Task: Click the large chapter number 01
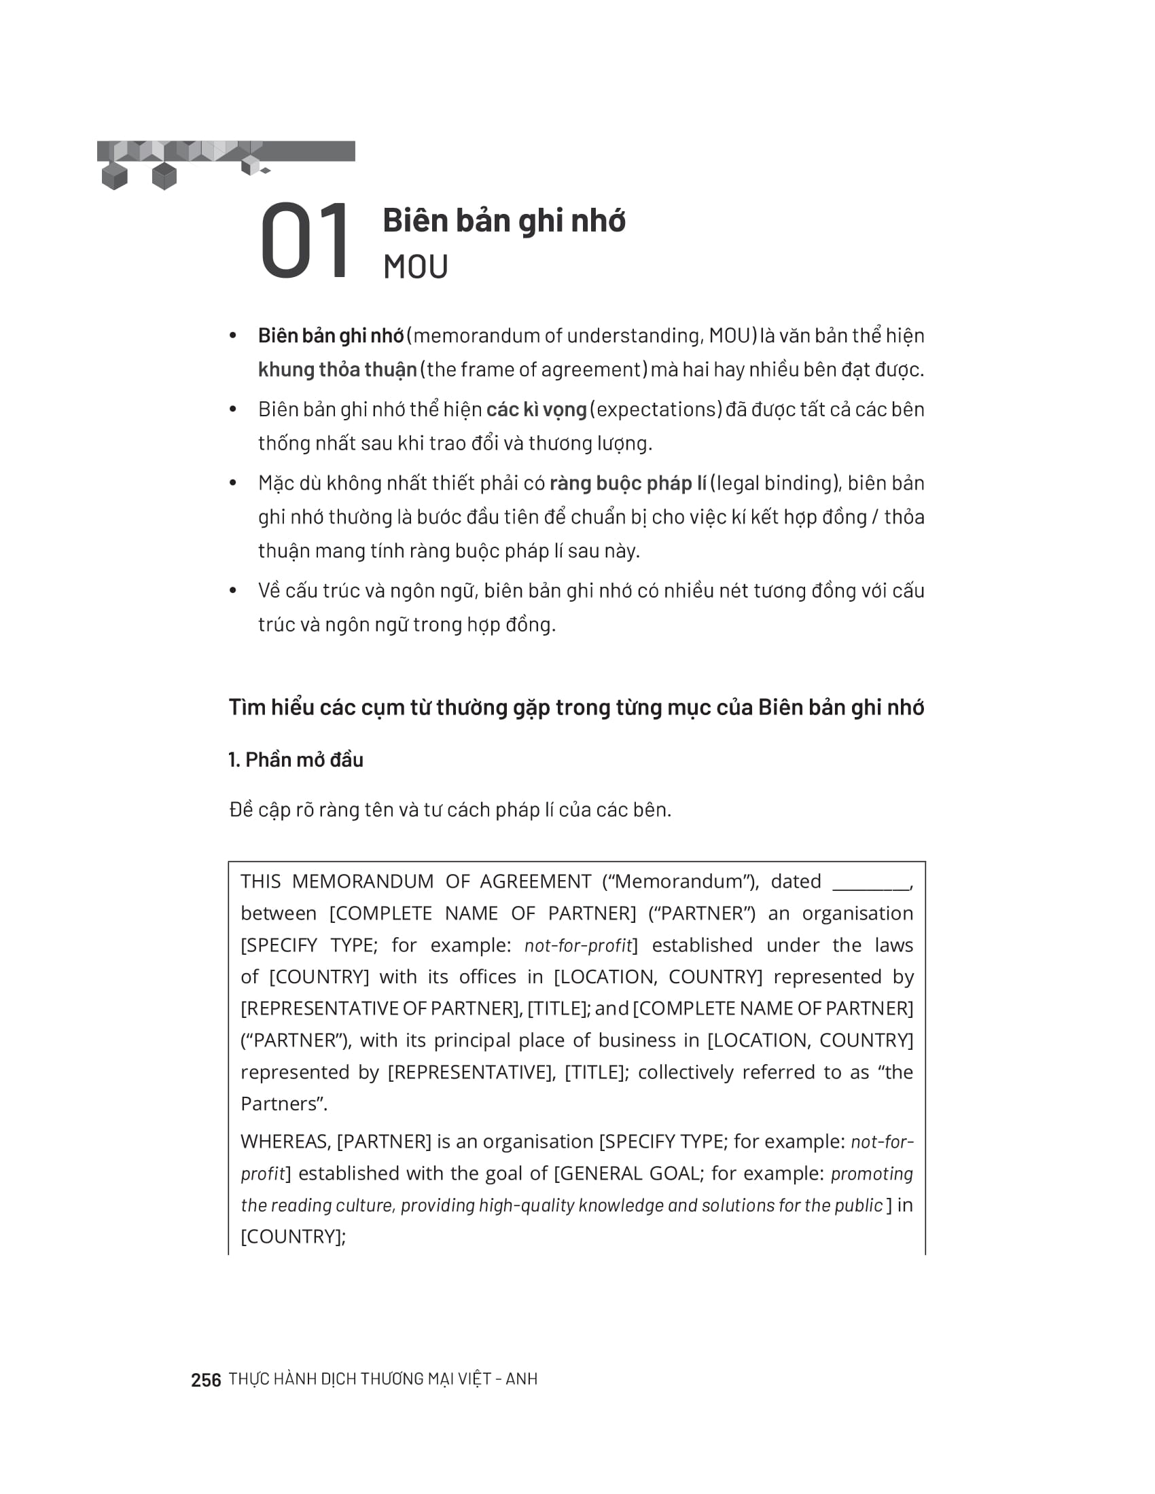click(305, 241)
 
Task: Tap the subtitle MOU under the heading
click(415, 267)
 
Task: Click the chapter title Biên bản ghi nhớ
click(503, 221)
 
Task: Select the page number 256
click(206, 1380)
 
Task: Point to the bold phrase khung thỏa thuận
click(338, 370)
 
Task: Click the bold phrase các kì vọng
click(537, 409)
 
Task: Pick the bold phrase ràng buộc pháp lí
click(628, 484)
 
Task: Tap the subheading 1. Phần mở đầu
click(296, 760)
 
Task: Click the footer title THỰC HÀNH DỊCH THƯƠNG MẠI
click(383, 1379)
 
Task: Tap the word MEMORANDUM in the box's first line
click(363, 881)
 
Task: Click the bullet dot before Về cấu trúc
click(232, 590)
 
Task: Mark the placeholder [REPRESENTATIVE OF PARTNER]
click(381, 1008)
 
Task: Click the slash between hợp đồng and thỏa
click(874, 517)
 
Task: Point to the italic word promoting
click(872, 1174)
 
